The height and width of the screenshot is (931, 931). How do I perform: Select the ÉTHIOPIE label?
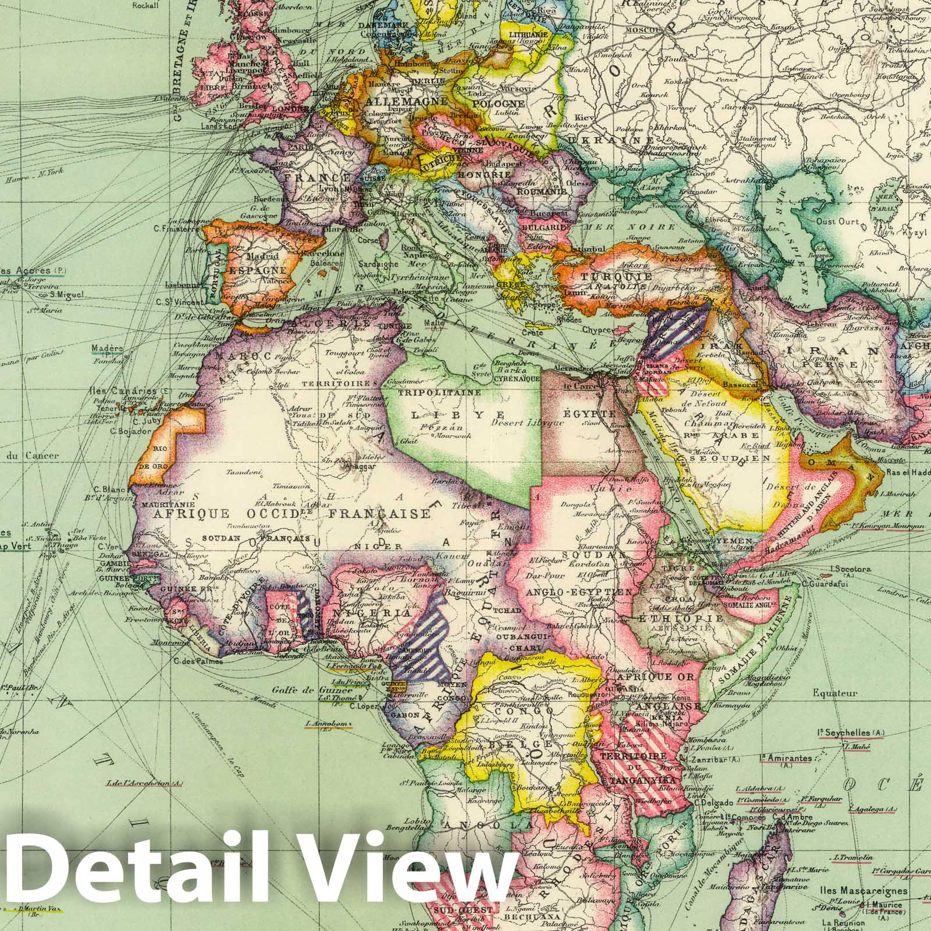(x=678, y=618)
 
